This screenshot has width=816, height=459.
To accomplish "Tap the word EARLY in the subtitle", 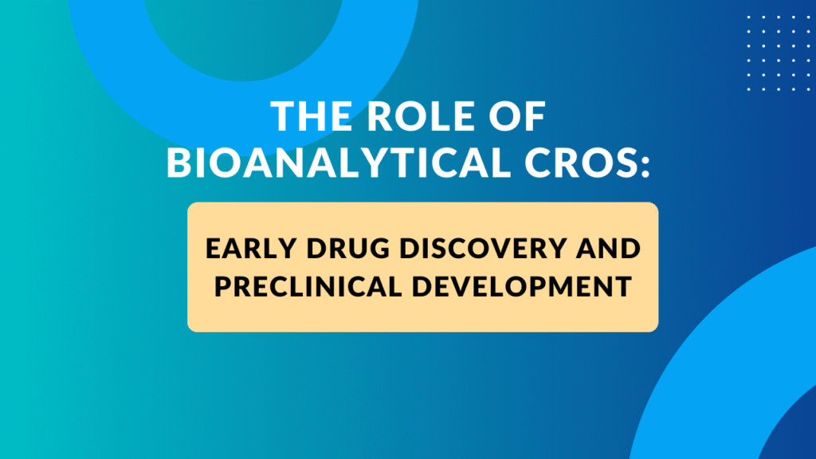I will pos(242,248).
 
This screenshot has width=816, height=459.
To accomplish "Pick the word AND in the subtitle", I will pos(610,248).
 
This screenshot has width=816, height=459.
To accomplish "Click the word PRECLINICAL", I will pos(319,286).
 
